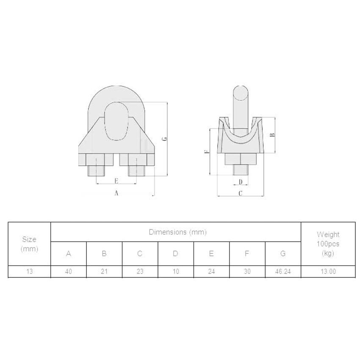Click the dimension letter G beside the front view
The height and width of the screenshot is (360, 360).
(166, 138)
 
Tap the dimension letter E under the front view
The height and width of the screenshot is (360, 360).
(116, 181)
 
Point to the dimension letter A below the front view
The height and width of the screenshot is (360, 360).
(116, 193)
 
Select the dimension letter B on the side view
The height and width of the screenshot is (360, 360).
(273, 135)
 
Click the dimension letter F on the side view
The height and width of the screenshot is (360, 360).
(206, 152)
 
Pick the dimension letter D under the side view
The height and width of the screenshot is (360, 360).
(241, 182)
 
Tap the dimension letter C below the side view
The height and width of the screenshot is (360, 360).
(240, 194)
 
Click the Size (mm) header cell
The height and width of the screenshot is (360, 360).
(29, 244)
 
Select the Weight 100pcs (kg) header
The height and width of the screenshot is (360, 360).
(328, 244)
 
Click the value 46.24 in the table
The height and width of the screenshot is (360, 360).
(283, 271)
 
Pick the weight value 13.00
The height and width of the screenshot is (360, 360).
(328, 271)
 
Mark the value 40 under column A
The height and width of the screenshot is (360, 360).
(68, 271)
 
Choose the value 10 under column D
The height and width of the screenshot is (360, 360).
(175, 271)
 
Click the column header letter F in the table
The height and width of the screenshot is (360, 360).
(247, 254)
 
